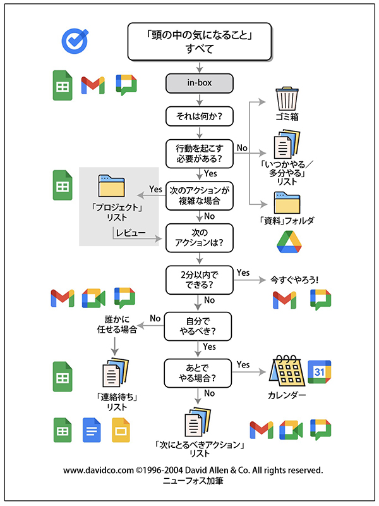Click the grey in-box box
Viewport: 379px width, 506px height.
tap(200, 82)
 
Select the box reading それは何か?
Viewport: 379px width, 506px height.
tap(200, 116)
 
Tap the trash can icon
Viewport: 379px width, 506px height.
tap(288, 99)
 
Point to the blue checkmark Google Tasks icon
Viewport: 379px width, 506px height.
tap(73, 40)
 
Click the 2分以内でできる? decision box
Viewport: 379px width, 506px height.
tap(200, 280)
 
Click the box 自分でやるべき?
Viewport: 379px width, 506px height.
tap(200, 325)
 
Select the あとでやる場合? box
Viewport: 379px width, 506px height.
tap(200, 373)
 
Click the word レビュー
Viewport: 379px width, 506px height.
tap(131, 234)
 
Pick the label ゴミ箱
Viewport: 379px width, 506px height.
tap(287, 118)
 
